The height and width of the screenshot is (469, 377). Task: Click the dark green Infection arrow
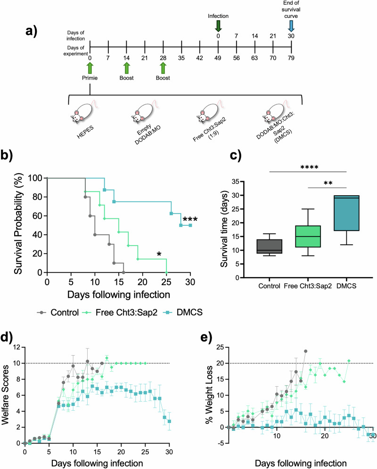coord(218,26)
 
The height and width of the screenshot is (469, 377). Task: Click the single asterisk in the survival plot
coord(159,255)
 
